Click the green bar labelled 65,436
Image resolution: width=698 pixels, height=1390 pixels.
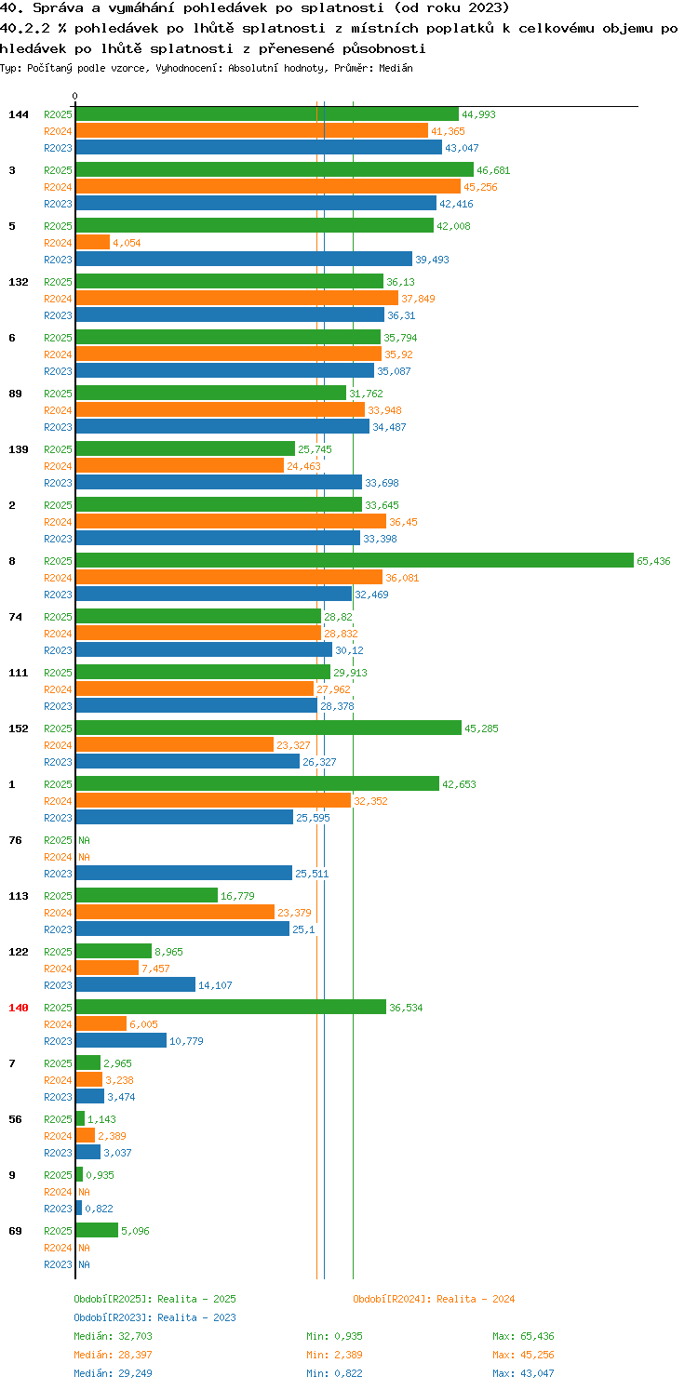pos(355,560)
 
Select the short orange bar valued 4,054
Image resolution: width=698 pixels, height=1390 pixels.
pos(92,242)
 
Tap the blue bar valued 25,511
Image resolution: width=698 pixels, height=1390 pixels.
pos(184,873)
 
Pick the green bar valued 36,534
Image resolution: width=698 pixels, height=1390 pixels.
pos(231,1007)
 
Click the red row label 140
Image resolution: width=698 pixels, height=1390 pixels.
pos(18,1007)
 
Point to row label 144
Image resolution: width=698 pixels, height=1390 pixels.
pos(18,114)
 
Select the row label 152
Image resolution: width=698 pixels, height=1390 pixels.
pos(18,728)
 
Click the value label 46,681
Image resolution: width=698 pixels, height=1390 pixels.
pos(493,170)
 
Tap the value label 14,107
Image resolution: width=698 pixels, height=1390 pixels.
pos(215,984)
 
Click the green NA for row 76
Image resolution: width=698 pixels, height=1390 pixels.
pos(84,840)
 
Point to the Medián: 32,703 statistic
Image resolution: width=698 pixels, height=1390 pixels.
pos(113,1336)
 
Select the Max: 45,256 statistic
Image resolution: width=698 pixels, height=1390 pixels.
pos(523,1355)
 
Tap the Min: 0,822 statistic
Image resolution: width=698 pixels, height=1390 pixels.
pos(334,1373)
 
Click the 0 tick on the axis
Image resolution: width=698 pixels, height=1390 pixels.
pos(74,96)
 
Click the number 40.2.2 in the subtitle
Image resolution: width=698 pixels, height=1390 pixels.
pos(25,28)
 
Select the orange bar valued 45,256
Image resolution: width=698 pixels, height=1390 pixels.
pos(268,186)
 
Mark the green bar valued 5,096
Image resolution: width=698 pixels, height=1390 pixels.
pos(97,1230)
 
